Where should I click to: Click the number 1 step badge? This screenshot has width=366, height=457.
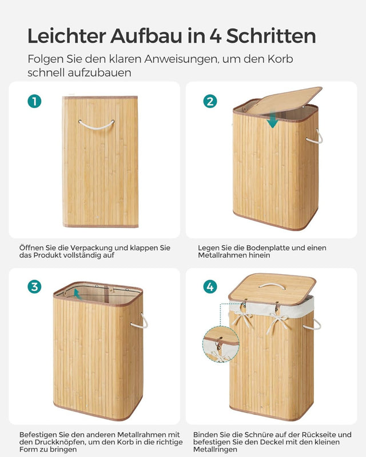pos(34,101)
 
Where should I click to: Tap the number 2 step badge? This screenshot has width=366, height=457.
pos(210,101)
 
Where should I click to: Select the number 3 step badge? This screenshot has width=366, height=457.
pos(34,287)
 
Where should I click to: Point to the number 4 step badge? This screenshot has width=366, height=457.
pos(210,287)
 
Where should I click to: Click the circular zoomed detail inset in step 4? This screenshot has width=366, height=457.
pos(221,344)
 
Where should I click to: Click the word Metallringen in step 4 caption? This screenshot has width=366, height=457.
pos(217,450)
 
